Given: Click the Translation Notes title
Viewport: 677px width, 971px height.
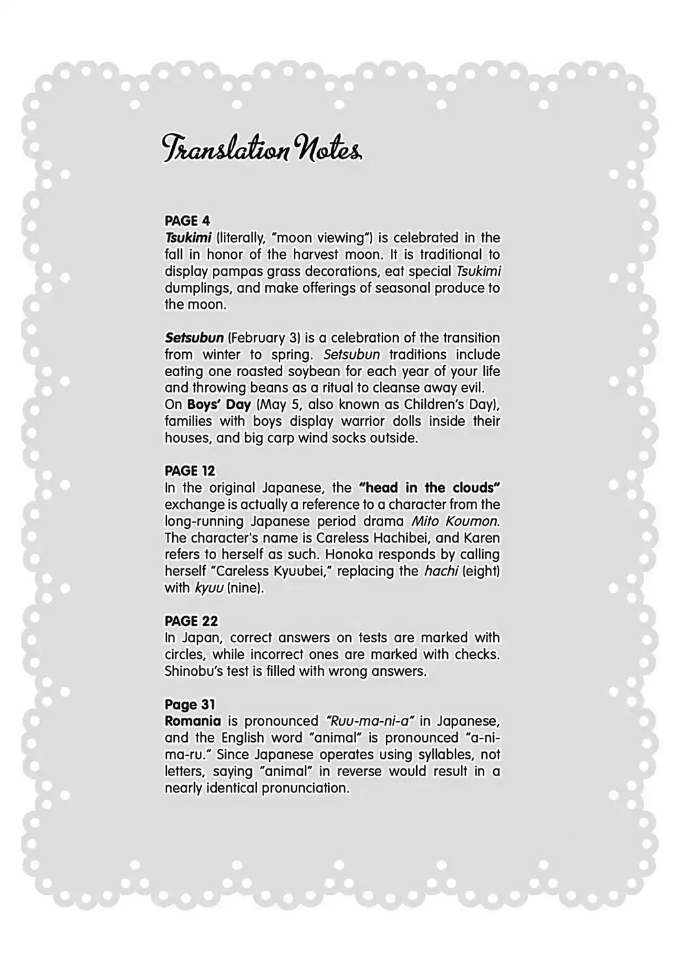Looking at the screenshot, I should click(x=261, y=150).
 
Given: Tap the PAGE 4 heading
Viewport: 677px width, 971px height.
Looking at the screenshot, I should click(x=187, y=221).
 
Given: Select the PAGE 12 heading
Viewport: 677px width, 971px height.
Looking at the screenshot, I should click(x=190, y=471).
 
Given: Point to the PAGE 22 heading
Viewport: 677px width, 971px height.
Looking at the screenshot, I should click(x=191, y=621).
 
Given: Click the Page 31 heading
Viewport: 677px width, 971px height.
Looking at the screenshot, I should click(x=190, y=704).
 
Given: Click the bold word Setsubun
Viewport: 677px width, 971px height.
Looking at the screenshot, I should click(x=194, y=338).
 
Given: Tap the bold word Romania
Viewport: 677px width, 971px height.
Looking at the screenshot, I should click(x=192, y=721).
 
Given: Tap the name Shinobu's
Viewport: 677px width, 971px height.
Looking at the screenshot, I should click(x=193, y=671).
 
